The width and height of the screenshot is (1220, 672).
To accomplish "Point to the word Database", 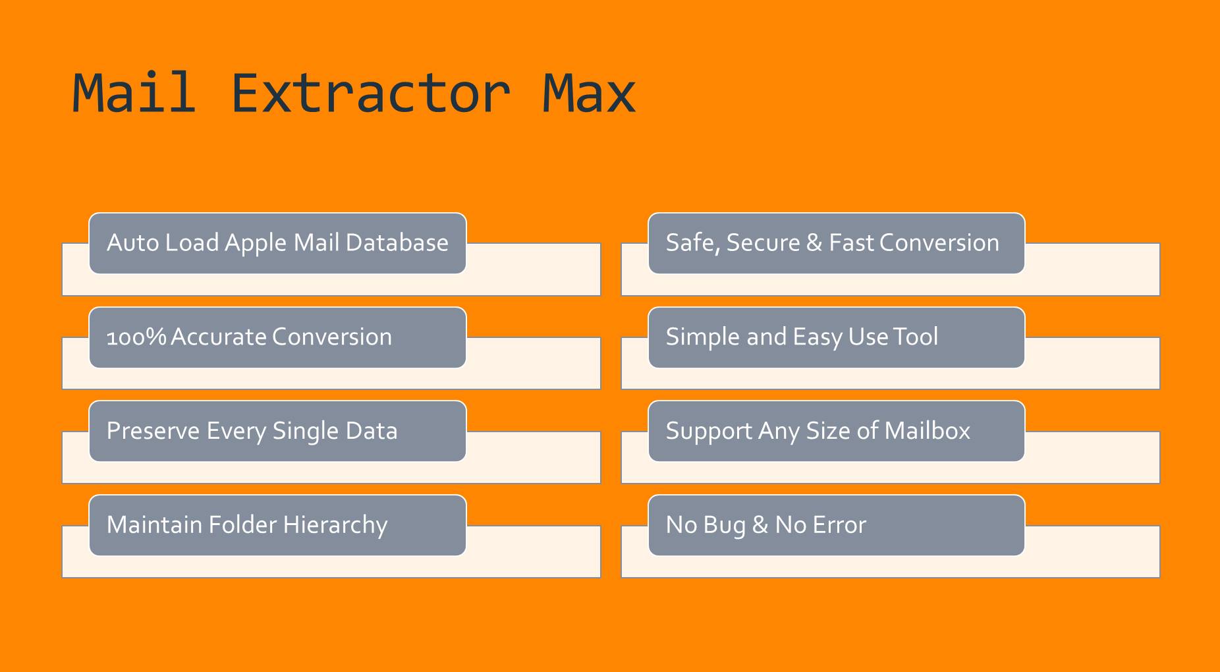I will (397, 243).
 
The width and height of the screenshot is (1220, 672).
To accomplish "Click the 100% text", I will (136, 337).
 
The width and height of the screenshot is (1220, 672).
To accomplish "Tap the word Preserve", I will (153, 431).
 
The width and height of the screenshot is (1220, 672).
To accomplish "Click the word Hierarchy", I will (335, 526).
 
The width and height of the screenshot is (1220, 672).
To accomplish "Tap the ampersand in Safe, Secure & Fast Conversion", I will (814, 243).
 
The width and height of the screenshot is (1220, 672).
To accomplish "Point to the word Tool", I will (916, 337).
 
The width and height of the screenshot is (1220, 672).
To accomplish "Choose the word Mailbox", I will (927, 431).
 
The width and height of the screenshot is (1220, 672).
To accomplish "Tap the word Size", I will (828, 431).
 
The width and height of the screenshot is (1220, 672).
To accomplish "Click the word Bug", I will (725, 526).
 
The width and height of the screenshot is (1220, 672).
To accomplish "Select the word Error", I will (839, 525).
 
